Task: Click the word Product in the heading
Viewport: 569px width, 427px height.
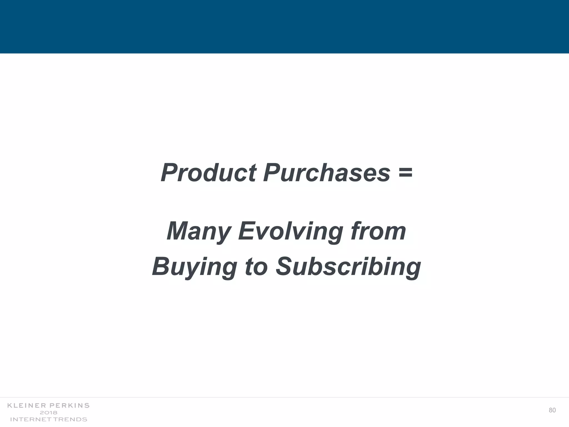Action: pos(208,173)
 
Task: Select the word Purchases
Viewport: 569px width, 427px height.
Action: pos(327,173)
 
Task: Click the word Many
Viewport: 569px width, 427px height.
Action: pos(199,231)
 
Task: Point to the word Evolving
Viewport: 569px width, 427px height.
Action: pos(291,231)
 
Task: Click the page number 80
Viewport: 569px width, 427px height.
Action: pos(552,410)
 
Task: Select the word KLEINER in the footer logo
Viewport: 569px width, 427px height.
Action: pos(27,406)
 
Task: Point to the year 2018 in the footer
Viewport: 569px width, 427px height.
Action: pos(49,413)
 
